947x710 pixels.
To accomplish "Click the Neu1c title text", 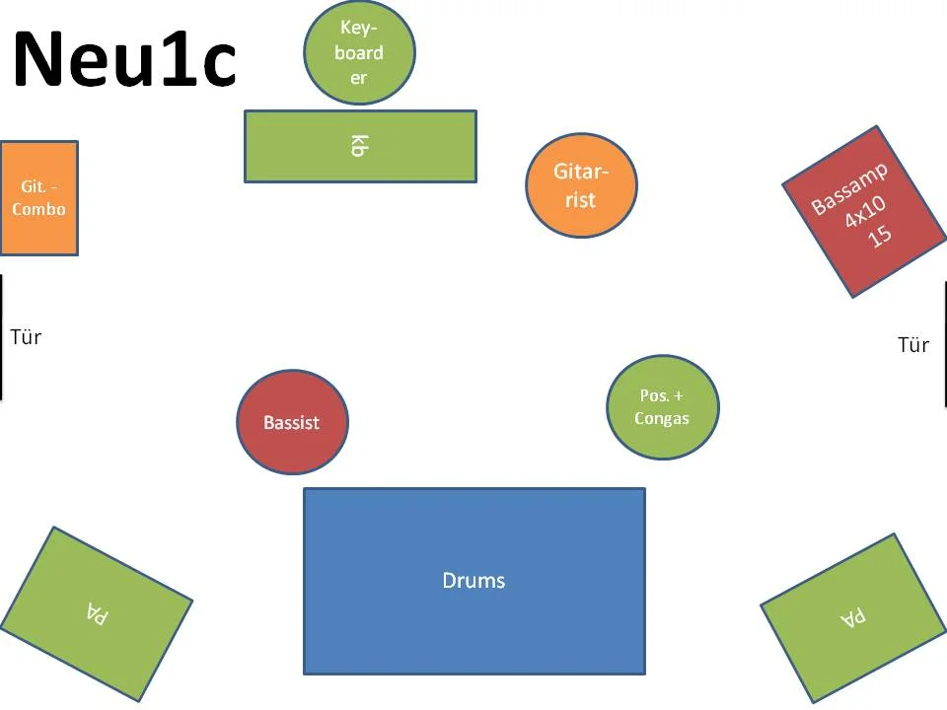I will coord(124,59).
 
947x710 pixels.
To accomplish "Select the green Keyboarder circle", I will coord(359,51).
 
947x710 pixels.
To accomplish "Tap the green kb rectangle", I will coord(360,146).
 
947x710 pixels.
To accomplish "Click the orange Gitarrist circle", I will coord(581,184).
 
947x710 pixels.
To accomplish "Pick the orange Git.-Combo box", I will coord(39,198).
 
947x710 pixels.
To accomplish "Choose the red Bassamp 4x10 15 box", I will coord(864,211).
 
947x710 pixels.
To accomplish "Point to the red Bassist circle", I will coord(292,422).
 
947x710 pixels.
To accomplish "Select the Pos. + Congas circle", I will coord(662,406).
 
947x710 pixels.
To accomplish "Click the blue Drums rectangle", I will coord(473,581).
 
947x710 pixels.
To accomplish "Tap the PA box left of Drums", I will coord(96,612).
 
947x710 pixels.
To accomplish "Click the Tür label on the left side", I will coord(26,337).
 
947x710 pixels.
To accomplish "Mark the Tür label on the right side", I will coord(913,345).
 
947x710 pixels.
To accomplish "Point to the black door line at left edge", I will coord(1,337).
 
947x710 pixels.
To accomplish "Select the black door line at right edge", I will coord(945,345).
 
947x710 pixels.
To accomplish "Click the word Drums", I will coord(473,581).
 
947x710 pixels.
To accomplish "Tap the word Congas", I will coord(662,418).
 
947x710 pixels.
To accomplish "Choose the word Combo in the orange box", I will coord(39,209).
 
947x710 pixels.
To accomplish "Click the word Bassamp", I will coord(849,188).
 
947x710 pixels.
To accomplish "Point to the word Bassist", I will coord(292,422).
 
